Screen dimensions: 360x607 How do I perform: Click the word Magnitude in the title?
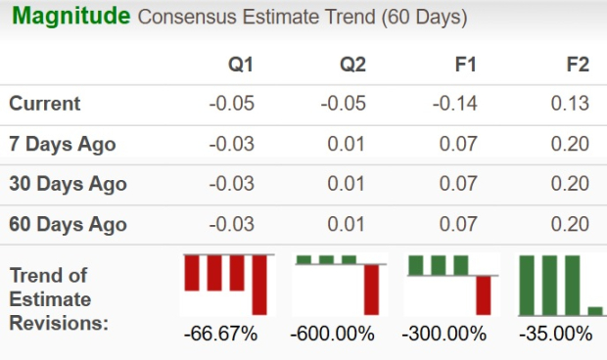pyautogui.click(x=68, y=17)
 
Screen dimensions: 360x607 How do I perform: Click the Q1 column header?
pyautogui.click(x=240, y=65)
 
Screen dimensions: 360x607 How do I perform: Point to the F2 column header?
pyautogui.click(x=578, y=65)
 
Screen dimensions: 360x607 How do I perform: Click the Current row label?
pyautogui.click(x=45, y=104)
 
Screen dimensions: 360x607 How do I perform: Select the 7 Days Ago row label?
pyautogui.click(x=63, y=144)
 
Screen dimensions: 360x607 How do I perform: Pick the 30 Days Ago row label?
pyautogui.click(x=68, y=184)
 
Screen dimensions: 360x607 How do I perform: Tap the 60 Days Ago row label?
pyautogui.click(x=68, y=224)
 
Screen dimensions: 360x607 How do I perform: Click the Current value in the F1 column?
pyautogui.click(x=454, y=104)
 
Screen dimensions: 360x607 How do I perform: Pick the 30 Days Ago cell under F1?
pyautogui.click(x=457, y=184)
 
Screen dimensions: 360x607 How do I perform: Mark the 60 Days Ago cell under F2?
pyautogui.click(x=571, y=224)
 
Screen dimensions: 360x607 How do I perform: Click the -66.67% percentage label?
pyautogui.click(x=220, y=334)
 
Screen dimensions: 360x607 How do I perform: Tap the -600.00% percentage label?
pyautogui.click(x=333, y=334)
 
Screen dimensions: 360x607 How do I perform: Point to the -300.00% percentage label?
pyautogui.click(x=444, y=334)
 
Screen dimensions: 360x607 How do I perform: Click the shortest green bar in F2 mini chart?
pyautogui.click(x=595, y=310)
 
